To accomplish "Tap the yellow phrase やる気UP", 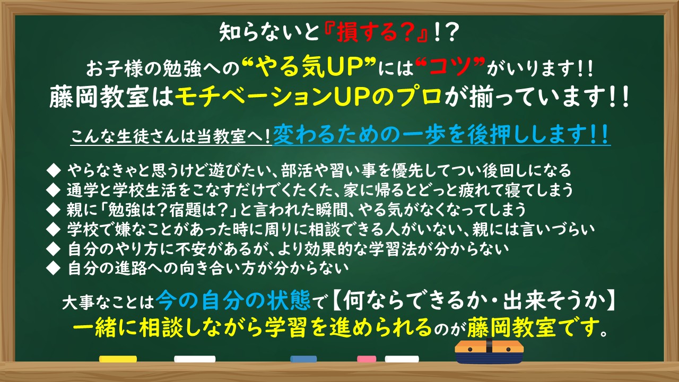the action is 309,67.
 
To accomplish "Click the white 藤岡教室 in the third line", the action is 99,97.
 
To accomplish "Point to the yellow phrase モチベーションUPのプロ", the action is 308,97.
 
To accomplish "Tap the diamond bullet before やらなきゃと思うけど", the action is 54,170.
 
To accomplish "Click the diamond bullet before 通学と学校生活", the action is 54,190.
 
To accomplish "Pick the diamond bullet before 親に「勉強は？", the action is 54,210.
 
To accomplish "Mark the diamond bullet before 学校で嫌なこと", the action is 54,230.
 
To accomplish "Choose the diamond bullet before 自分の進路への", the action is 54,268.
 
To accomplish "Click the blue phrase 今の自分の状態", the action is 233,300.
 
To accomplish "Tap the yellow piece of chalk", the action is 118,359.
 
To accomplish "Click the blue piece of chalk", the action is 303,359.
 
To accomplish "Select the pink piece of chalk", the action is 367,359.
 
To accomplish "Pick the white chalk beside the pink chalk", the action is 402,359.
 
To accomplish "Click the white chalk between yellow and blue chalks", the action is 195,359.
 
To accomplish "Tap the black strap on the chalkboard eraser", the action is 489,345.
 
